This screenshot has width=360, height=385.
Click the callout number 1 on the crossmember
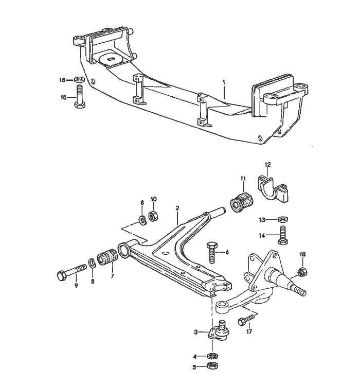(x=224, y=82)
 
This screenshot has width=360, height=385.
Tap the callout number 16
(x=62, y=80)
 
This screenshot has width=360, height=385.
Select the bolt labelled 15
(x=80, y=97)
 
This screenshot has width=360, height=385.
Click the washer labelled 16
(x=80, y=80)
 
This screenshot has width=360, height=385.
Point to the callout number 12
(x=267, y=165)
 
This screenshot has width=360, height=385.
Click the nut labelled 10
(x=152, y=216)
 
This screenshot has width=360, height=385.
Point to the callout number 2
(x=177, y=208)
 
